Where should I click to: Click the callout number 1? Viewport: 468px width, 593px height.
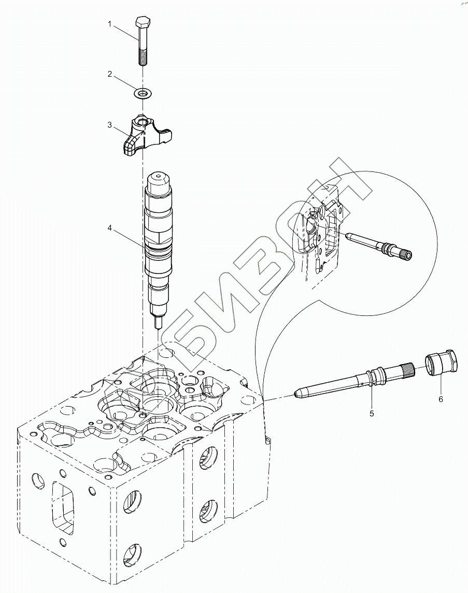coord(110,24)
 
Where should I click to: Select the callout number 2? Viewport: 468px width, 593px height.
coord(110,75)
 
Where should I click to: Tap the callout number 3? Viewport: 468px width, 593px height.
coord(110,125)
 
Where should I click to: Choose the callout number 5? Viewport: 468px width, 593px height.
coord(372,413)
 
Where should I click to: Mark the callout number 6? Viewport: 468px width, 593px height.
coord(441,399)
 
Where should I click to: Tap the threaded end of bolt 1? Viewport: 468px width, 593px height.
coord(143,57)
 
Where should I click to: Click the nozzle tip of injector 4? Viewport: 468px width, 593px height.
coord(158,322)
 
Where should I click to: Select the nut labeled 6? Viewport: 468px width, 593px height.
coord(442,363)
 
